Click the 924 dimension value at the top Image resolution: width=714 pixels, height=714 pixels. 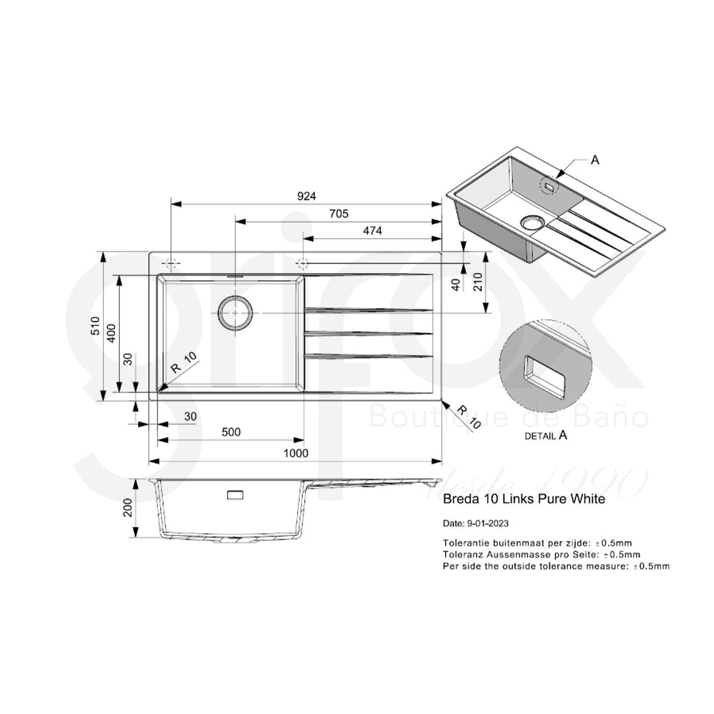click(307, 196)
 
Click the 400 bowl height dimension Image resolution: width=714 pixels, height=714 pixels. click(112, 333)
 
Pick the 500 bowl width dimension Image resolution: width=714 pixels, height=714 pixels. click(230, 432)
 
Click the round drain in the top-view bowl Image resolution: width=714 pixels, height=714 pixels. click(235, 312)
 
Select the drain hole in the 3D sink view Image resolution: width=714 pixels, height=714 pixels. click(531, 222)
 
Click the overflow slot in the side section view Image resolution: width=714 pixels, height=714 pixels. click(235, 495)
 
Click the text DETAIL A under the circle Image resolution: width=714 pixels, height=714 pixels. click(545, 435)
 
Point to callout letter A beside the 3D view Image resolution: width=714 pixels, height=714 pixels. click(594, 159)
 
